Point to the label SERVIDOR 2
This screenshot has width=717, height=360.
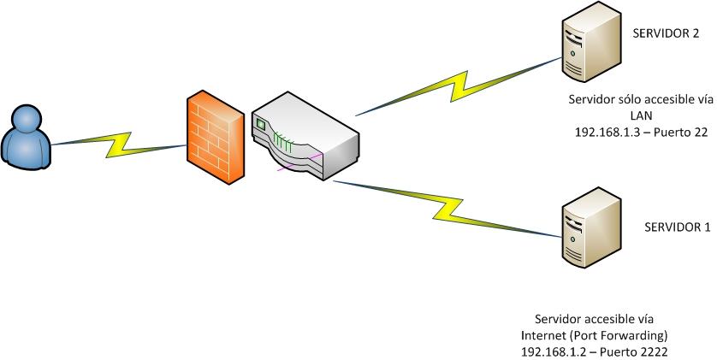pyautogui.click(x=665, y=34)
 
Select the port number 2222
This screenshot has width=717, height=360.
pyautogui.click(x=650, y=351)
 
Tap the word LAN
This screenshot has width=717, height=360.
pyautogui.click(x=640, y=116)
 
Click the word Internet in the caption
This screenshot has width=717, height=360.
pyautogui.click(x=542, y=335)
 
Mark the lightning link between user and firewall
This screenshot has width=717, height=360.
pyautogui.click(x=120, y=143)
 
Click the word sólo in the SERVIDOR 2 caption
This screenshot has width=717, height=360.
pyautogui.click(x=632, y=100)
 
